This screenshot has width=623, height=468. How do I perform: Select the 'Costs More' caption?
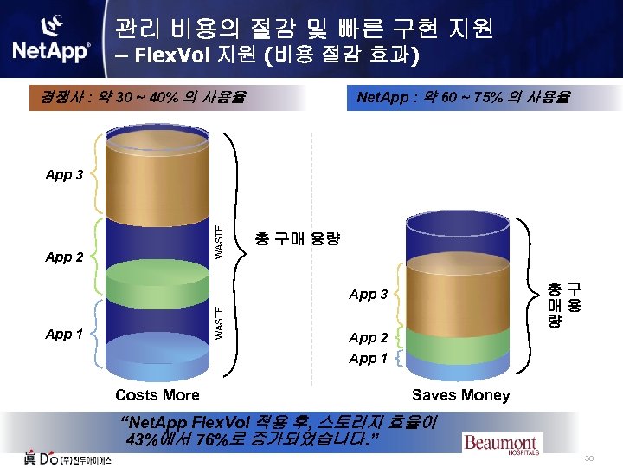pyautogui.click(x=157, y=395)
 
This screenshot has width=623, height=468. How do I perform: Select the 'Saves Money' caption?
pyautogui.click(x=460, y=395)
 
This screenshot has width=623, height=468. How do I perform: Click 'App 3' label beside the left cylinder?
pyautogui.click(x=64, y=174)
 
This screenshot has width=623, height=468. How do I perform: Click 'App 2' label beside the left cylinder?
pyautogui.click(x=64, y=257)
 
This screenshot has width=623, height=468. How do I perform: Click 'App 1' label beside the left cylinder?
pyautogui.click(x=64, y=334)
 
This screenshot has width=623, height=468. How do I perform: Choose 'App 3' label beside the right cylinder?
pyautogui.click(x=368, y=295)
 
